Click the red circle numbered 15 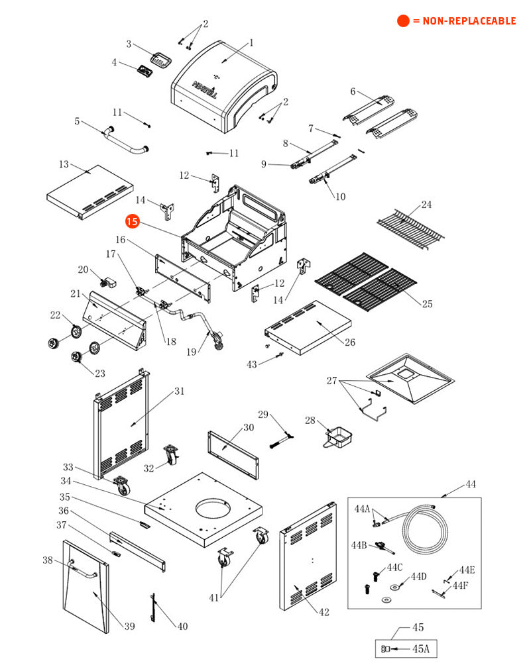133,222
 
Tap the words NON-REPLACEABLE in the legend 469,21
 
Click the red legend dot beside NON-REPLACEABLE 403,21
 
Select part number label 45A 421,648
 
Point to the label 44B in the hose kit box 359,545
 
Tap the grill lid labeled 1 224,87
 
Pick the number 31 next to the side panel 180,391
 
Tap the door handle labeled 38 83,570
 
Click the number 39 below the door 130,626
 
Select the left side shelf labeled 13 89,192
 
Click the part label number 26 350,342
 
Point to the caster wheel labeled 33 122,486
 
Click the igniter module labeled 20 109,282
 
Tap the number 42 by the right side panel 324,612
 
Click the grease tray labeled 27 411,378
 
